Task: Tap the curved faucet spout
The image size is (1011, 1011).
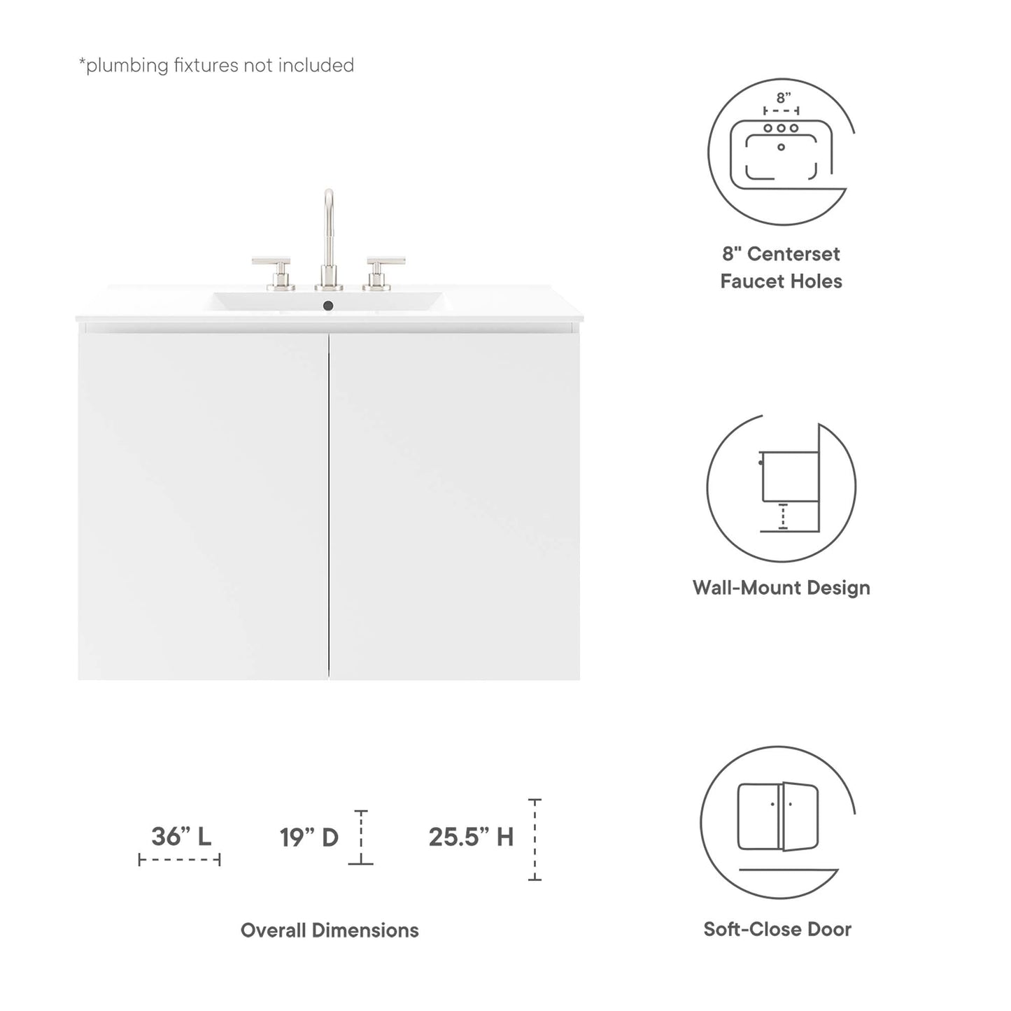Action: pyautogui.click(x=328, y=210)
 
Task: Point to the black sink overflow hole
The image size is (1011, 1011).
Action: pyautogui.click(x=327, y=305)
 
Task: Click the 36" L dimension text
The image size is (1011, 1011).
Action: pyautogui.click(x=181, y=836)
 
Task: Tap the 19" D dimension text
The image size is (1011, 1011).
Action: pyautogui.click(x=309, y=837)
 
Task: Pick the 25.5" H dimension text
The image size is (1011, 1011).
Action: pyautogui.click(x=471, y=837)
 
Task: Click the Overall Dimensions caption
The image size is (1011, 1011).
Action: pyautogui.click(x=330, y=930)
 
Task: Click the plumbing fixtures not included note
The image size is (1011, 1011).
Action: pyautogui.click(x=216, y=66)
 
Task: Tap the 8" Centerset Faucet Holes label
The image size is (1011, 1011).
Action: pyautogui.click(x=781, y=267)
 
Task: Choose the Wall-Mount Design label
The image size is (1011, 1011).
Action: pyautogui.click(x=781, y=588)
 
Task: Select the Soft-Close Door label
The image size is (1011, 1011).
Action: pyautogui.click(x=777, y=929)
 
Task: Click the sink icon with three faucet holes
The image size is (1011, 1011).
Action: pyautogui.click(x=781, y=150)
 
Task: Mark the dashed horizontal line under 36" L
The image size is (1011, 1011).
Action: pyautogui.click(x=180, y=859)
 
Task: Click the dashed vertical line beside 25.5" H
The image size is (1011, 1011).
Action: pyautogui.click(x=535, y=839)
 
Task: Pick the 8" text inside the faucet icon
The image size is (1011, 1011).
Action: pyautogui.click(x=783, y=98)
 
